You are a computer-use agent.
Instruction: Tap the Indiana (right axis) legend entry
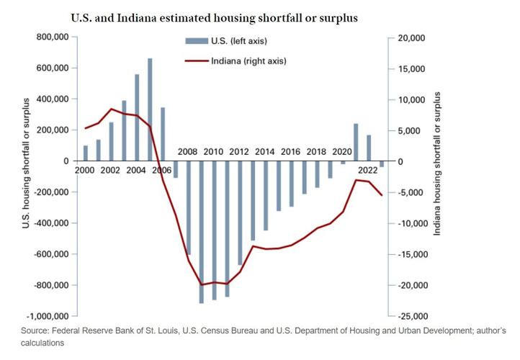click(x=249, y=61)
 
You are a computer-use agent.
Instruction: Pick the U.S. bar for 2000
click(x=86, y=153)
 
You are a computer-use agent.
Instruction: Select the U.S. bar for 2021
click(x=355, y=143)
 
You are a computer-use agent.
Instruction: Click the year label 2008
click(x=188, y=152)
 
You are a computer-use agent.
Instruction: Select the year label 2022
click(x=368, y=170)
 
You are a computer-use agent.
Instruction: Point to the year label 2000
click(x=85, y=170)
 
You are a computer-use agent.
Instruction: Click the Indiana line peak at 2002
click(x=111, y=109)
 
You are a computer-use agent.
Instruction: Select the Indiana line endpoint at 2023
click(x=382, y=195)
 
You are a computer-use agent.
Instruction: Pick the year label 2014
click(x=264, y=152)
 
